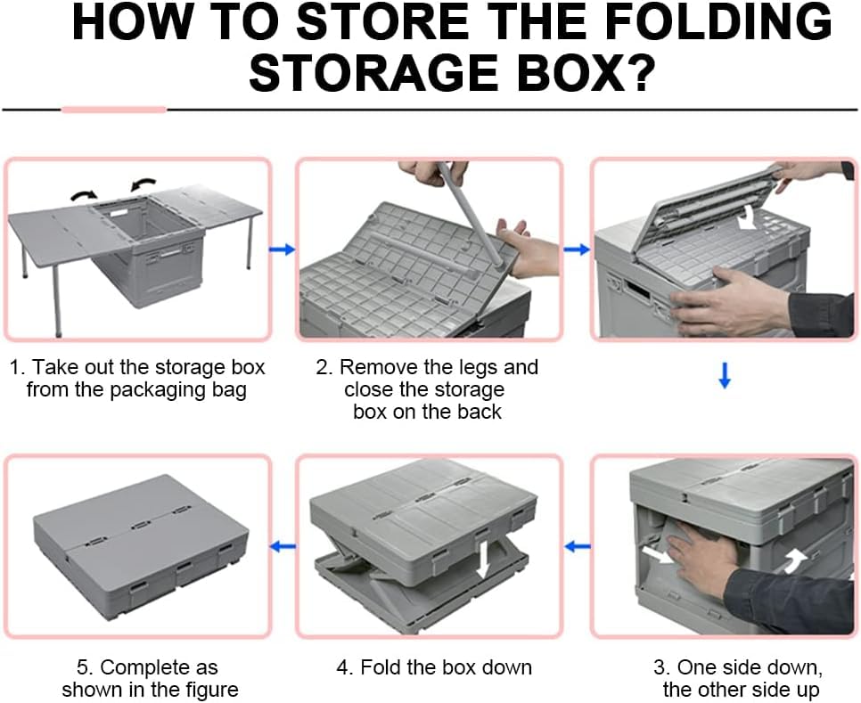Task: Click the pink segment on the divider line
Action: pyautogui.click(x=114, y=110)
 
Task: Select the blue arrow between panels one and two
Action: pyautogui.click(x=282, y=249)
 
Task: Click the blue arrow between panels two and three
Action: pyautogui.click(x=577, y=249)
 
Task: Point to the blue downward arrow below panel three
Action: pyautogui.click(x=725, y=375)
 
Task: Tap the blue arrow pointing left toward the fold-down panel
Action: pyautogui.click(x=577, y=546)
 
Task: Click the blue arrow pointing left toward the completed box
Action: pyautogui.click(x=283, y=546)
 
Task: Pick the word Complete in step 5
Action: pyautogui.click(x=139, y=668)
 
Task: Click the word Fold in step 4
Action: pyautogui.click(x=380, y=667)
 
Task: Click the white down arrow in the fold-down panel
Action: pyautogui.click(x=483, y=560)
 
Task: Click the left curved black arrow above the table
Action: pyautogui.click(x=84, y=195)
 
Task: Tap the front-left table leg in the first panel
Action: pyautogui.click(x=57, y=302)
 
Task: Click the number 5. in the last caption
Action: pyautogui.click(x=85, y=668)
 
